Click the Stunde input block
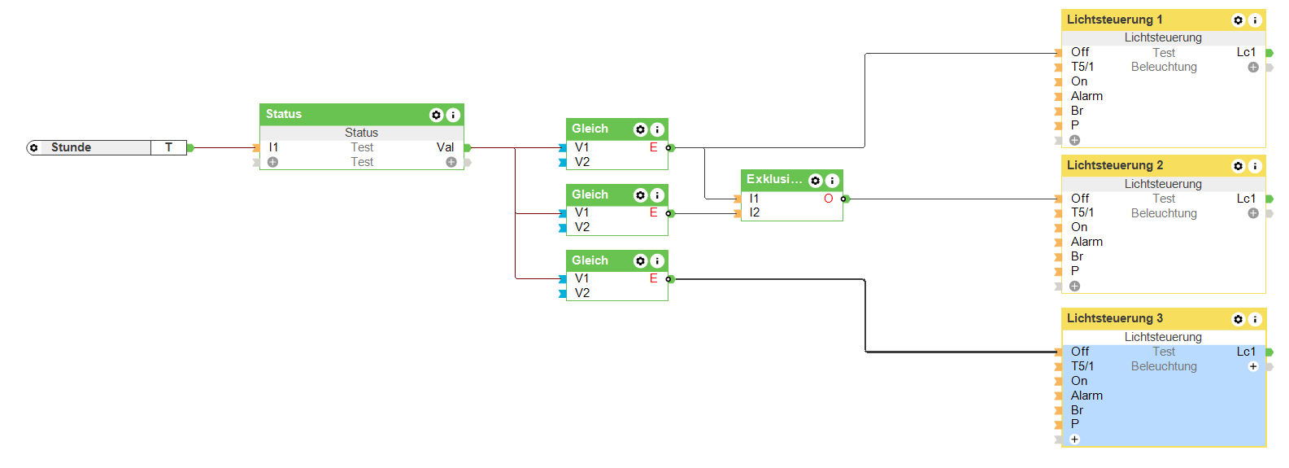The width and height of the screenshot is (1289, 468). (89, 147)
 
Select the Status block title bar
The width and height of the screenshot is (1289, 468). (342, 115)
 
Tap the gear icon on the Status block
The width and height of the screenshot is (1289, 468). (436, 116)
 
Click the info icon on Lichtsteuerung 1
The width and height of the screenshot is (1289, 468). (1255, 20)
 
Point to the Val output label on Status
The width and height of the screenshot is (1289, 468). (445, 147)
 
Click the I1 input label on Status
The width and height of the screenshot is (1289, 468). (273, 147)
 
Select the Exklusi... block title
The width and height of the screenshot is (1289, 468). (773, 180)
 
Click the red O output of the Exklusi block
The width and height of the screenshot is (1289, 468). (828, 199)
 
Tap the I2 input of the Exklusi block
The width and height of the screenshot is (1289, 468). (755, 213)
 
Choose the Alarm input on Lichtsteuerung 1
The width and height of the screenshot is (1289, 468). (1087, 96)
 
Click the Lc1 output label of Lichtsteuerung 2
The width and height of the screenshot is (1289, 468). (1246, 199)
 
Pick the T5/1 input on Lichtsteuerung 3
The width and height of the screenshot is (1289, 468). (1082, 366)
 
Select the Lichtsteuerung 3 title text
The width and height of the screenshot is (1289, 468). (1114, 318)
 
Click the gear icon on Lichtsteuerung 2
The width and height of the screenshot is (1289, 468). (1238, 166)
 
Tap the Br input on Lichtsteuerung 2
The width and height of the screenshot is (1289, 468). (1077, 256)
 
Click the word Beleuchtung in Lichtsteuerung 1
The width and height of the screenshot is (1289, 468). (1164, 67)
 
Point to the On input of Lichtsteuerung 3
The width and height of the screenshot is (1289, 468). (1079, 381)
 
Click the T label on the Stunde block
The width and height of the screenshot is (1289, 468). (168, 147)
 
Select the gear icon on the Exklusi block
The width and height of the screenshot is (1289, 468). (815, 181)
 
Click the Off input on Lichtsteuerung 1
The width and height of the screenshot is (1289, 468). (1080, 52)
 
